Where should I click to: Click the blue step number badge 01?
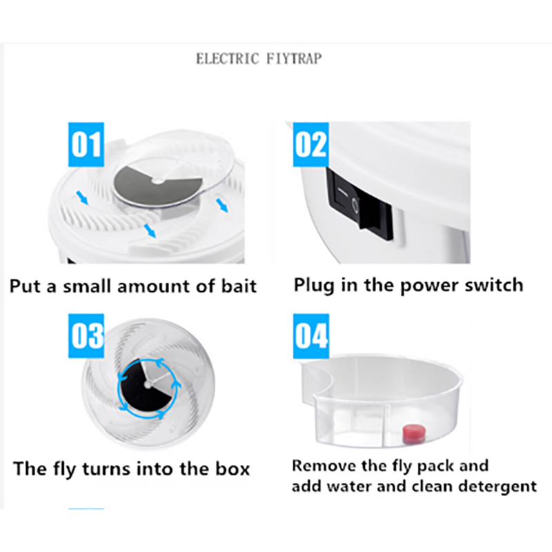(86, 144)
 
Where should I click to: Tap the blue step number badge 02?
(311, 144)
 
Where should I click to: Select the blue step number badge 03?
(86, 335)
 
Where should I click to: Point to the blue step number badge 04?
(311, 335)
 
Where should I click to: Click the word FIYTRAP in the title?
(294, 59)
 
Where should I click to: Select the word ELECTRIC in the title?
(228, 59)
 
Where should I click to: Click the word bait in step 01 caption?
(239, 286)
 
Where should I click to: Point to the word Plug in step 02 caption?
(314, 286)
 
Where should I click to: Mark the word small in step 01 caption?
(88, 286)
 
